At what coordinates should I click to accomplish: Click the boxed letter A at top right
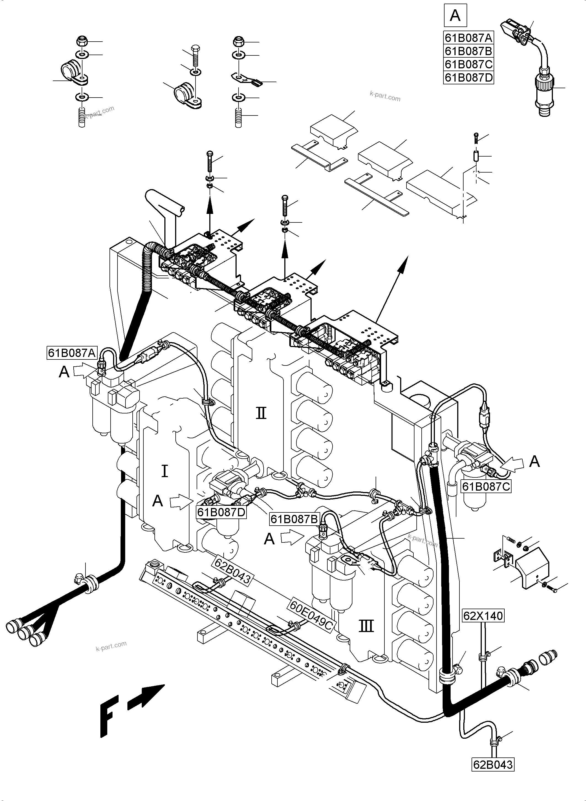coord(455,16)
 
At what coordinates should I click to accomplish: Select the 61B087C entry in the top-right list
coord(469,64)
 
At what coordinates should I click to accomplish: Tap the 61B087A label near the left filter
coord(72,353)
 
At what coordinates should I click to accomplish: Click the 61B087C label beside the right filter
coord(486,486)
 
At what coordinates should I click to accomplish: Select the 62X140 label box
coord(483,616)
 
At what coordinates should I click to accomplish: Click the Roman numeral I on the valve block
coord(165,471)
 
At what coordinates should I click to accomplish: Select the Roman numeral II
coord(261,413)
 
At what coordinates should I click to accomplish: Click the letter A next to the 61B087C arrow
coord(534,462)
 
